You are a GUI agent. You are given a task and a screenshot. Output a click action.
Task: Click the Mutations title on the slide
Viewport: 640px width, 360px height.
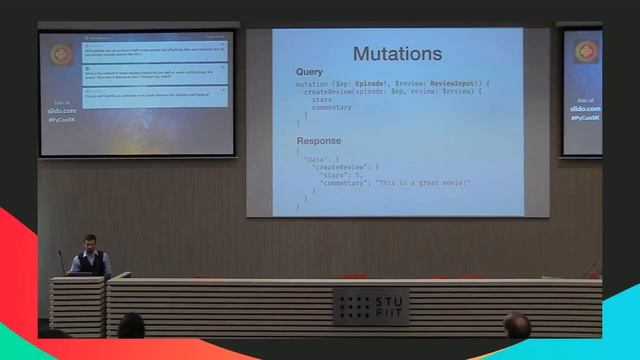397,53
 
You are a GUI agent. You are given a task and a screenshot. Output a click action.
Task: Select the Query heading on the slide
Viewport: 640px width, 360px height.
310,72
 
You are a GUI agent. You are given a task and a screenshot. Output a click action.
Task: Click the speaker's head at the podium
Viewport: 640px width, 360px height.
89,242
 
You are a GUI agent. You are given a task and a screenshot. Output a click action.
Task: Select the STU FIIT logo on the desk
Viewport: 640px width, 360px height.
370,305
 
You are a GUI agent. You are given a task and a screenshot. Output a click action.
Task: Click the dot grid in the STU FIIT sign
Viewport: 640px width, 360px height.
354,305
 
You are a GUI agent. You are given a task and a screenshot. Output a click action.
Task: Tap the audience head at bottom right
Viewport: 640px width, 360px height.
517,326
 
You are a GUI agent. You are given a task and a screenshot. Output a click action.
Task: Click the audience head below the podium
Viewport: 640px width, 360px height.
131,326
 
